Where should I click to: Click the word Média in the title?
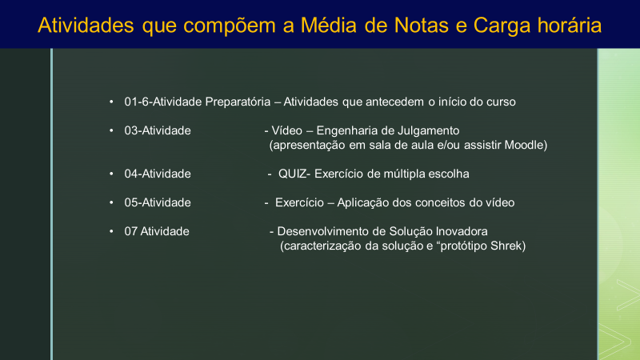tap(329, 25)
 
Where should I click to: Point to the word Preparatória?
tap(238, 102)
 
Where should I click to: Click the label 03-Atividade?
tap(158, 130)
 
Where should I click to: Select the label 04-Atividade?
tap(158, 174)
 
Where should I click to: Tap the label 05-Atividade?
tap(158, 202)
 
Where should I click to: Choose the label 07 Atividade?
tap(157, 231)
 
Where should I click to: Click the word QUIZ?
tap(292, 174)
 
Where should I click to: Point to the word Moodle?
tap(524, 145)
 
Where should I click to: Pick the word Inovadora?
tap(462, 231)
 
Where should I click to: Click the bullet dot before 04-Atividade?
tap(111, 174)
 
